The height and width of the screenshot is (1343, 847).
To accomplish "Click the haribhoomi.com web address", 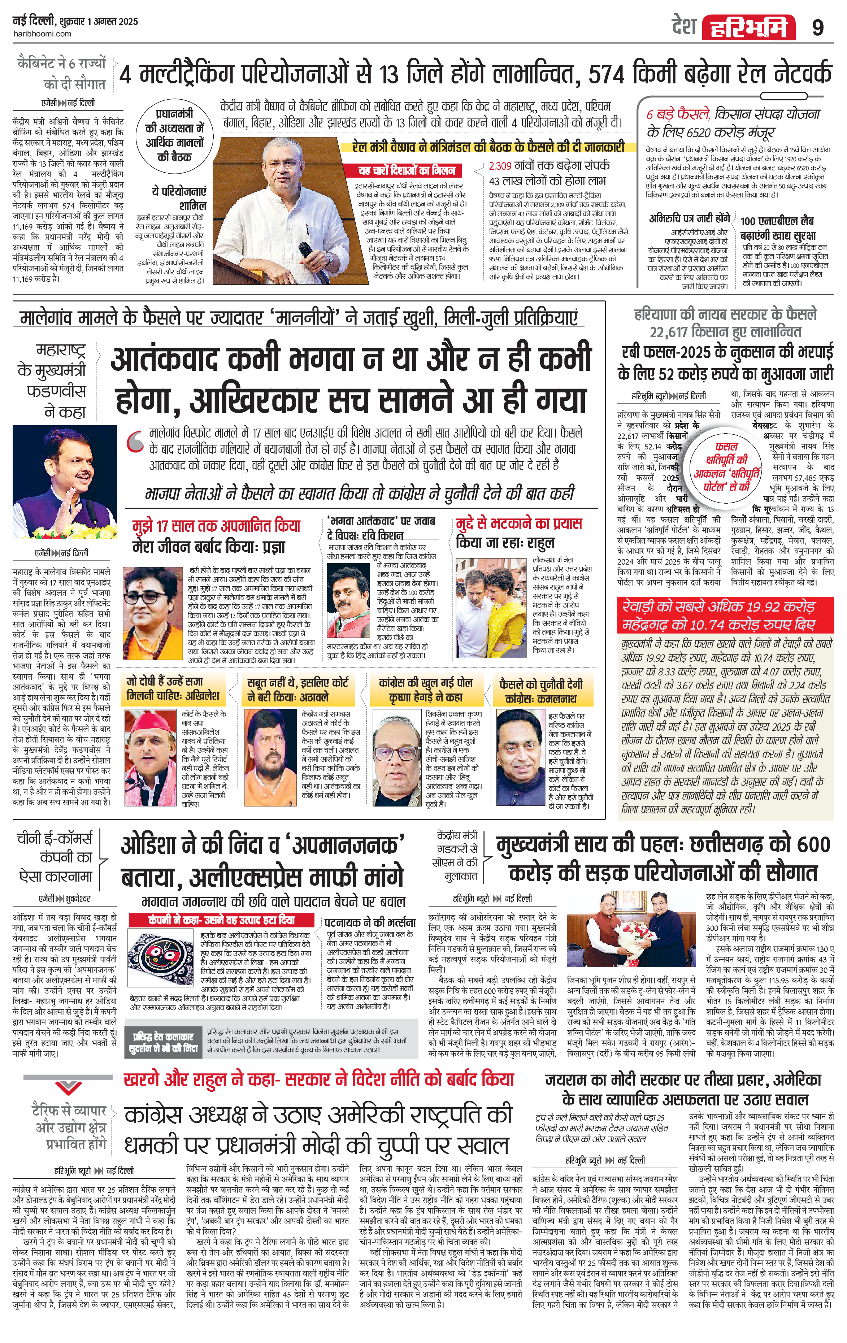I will pos(42,34).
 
